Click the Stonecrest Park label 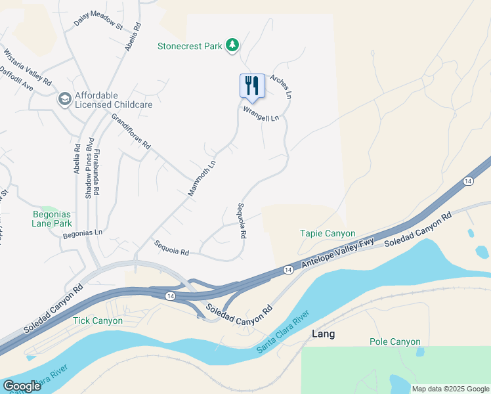[190, 46]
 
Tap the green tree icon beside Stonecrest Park [232, 45]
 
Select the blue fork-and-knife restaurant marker [252, 85]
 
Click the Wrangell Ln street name [261, 114]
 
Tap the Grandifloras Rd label [131, 131]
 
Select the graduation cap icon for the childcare [64, 99]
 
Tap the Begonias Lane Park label [53, 218]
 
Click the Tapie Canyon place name [328, 233]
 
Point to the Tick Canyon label [98, 320]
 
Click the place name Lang [324, 334]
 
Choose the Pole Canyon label [395, 341]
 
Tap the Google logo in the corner [22, 385]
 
